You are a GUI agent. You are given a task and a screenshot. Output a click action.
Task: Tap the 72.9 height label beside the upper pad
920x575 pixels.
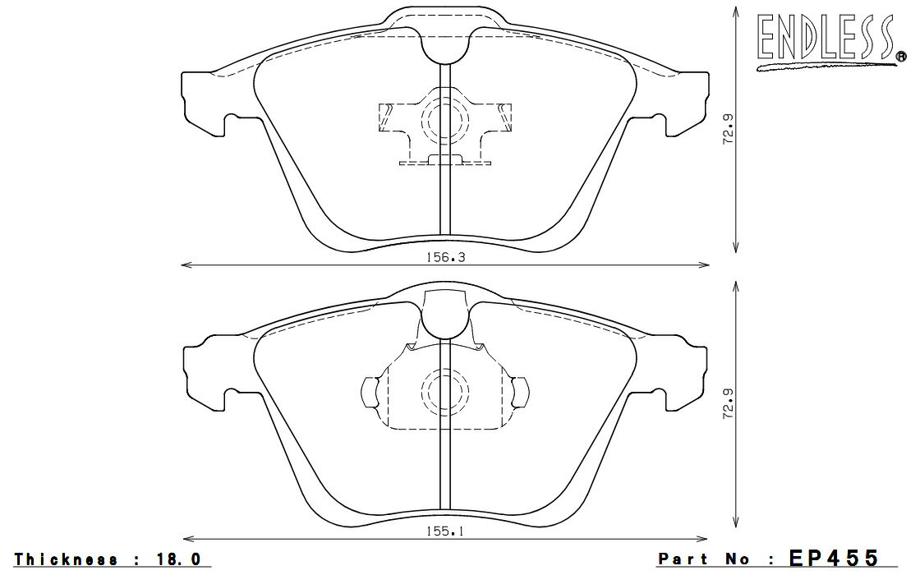[728, 129]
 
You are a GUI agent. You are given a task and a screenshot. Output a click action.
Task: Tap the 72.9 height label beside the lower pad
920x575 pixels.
[728, 403]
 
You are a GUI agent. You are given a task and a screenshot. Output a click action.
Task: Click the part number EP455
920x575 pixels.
[834, 557]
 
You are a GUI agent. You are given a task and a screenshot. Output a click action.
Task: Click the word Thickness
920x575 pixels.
[66, 559]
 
